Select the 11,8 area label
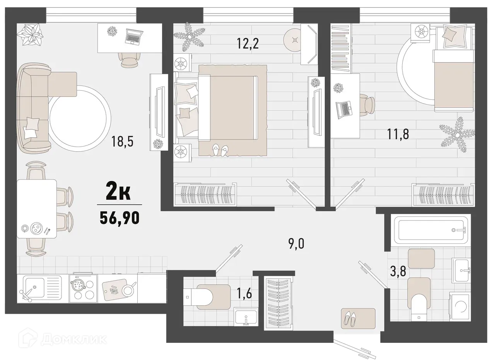tap(398, 134)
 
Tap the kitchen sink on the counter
tap(36, 288)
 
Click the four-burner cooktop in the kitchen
tap(83, 288)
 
